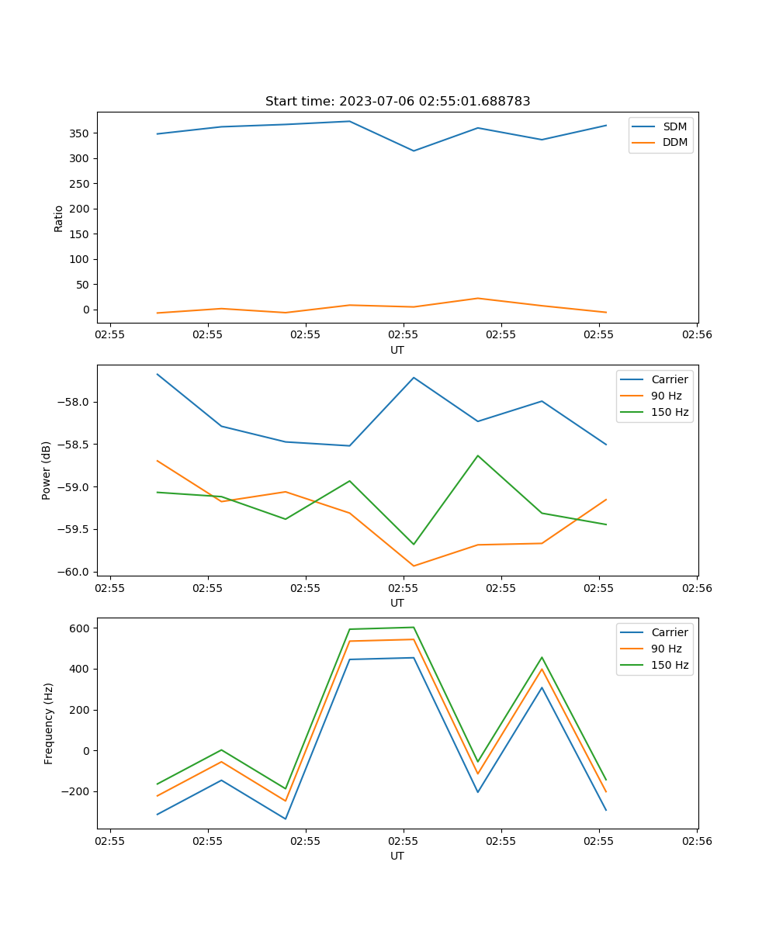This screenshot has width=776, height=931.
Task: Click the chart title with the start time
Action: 397,102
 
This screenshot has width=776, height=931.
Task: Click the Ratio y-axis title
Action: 59,217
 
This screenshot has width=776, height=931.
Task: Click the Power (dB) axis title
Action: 47,470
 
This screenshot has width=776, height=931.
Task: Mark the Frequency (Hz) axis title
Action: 49,723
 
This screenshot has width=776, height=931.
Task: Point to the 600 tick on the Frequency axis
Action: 81,628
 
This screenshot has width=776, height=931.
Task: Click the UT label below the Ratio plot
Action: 397,350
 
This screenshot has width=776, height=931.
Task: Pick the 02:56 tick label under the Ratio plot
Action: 696,336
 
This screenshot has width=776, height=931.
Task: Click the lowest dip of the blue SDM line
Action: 414,151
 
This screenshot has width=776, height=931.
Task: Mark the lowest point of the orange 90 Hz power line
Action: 414,566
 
